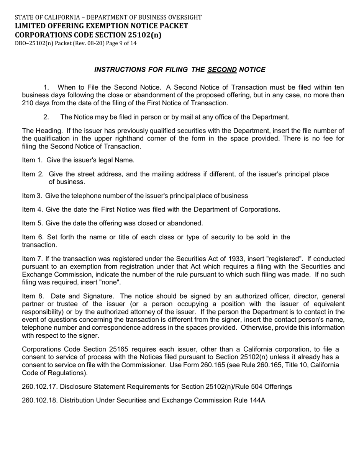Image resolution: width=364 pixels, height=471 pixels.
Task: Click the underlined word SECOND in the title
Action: (222, 70)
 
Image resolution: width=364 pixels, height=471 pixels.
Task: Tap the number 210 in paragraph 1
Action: (28, 103)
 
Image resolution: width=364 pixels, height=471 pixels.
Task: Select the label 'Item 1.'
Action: (33, 160)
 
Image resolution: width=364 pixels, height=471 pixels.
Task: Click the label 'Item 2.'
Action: (33, 174)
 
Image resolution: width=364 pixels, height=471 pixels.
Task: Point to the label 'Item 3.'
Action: (33, 196)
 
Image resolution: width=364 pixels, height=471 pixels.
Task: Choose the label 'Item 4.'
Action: (33, 209)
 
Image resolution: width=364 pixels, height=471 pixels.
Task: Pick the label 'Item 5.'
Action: (33, 223)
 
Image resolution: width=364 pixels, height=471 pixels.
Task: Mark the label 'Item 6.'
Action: (33, 237)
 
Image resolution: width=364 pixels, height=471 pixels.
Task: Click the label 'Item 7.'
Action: (33, 259)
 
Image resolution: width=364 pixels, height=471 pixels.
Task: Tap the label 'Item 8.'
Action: (33, 296)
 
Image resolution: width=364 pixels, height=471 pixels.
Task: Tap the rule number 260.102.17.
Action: (39, 387)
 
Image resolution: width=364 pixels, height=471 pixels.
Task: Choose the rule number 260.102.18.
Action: (39, 401)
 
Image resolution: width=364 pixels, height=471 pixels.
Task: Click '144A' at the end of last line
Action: (257, 401)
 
